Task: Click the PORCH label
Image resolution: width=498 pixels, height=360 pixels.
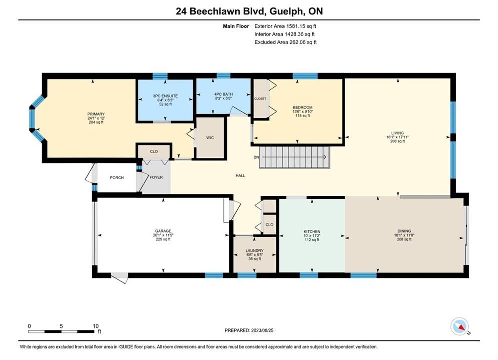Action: coord(117,178)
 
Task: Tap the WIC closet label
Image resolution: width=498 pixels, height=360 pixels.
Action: coord(210,138)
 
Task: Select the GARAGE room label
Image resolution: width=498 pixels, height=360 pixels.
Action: coord(163,231)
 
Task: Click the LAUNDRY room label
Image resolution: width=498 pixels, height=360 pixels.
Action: coord(255,250)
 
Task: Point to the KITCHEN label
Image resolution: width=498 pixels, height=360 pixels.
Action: coord(312,232)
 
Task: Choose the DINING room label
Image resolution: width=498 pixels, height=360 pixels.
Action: coord(404,231)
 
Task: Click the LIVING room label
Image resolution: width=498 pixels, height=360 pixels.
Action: coord(397,133)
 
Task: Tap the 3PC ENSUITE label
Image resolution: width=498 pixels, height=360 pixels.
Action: coord(165,96)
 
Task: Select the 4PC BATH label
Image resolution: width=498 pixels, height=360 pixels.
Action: coord(223,94)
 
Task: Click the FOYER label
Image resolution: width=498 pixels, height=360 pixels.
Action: coord(156,177)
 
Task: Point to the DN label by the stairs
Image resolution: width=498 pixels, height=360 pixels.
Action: coord(256,157)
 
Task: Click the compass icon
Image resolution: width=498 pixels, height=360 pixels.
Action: coord(459,326)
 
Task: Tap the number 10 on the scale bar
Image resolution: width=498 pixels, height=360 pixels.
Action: coord(96,326)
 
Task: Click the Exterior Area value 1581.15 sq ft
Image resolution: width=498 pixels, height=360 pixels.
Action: coord(301,26)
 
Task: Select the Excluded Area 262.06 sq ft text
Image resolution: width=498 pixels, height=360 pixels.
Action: coord(285,42)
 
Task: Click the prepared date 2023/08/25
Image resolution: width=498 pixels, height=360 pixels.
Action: coord(262,330)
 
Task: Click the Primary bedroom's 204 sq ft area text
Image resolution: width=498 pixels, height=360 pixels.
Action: coord(96,122)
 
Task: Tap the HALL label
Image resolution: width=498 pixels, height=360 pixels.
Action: coord(240,175)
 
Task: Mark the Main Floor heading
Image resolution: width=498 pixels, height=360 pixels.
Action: coord(236,26)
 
